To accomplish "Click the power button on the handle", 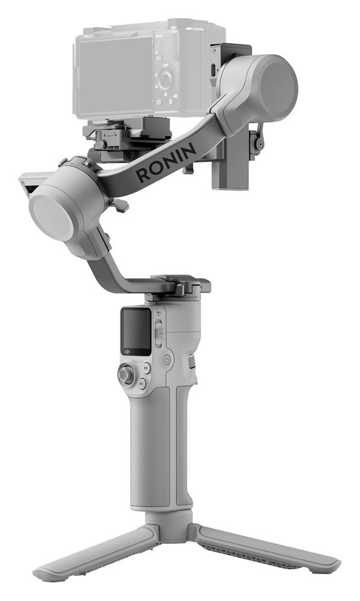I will pos(167,359).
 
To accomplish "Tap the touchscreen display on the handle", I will pos(136,330).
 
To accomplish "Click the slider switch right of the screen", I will pos(159,333).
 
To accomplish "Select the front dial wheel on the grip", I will pos(192,362).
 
